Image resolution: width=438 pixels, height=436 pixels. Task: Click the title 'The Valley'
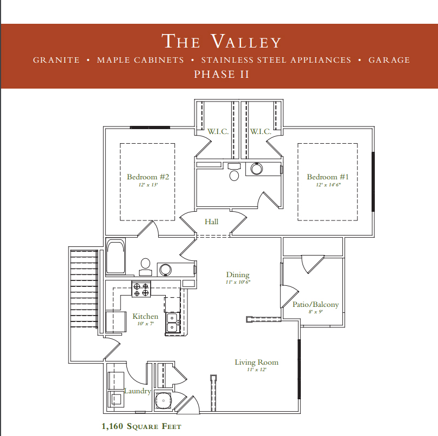click(x=221, y=41)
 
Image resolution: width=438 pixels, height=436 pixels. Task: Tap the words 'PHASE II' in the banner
click(x=221, y=75)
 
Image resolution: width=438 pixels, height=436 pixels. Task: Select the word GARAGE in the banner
click(x=389, y=60)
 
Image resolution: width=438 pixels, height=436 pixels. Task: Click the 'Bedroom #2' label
click(x=148, y=177)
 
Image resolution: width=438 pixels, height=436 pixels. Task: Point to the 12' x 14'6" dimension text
click(x=328, y=185)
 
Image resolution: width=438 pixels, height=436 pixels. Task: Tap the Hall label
click(x=212, y=222)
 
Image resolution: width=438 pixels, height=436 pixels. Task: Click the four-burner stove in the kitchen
click(x=141, y=289)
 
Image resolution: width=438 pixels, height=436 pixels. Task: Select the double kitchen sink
click(x=172, y=322)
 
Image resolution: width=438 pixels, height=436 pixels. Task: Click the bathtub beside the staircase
click(x=116, y=256)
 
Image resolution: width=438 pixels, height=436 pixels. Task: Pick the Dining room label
click(x=238, y=275)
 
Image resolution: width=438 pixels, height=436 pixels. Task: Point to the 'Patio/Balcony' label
click(x=315, y=304)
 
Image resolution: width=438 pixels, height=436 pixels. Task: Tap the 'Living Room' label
click(x=257, y=362)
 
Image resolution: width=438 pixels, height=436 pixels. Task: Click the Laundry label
click(x=137, y=391)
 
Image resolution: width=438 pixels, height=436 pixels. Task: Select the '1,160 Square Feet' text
click(x=141, y=426)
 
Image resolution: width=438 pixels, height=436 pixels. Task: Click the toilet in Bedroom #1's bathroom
click(x=234, y=172)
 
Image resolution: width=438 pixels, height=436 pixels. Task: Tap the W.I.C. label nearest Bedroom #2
click(x=218, y=131)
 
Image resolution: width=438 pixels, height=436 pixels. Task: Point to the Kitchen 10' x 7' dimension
click(x=145, y=324)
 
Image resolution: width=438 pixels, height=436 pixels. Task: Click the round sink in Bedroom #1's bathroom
click(x=257, y=169)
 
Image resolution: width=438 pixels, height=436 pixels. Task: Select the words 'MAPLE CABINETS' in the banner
click(x=140, y=60)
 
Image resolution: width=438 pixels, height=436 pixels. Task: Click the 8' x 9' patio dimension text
click(x=315, y=312)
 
